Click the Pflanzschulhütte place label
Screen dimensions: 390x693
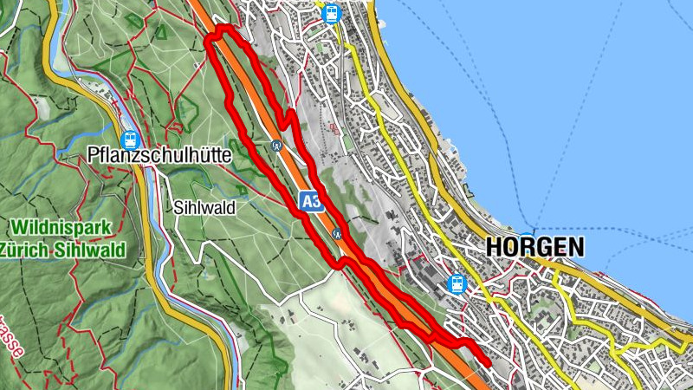(x=159, y=155)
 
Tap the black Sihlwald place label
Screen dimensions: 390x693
(x=204, y=208)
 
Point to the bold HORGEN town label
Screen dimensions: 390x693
(x=534, y=247)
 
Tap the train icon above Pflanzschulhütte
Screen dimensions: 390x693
(x=130, y=139)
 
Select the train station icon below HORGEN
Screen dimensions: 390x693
(x=456, y=283)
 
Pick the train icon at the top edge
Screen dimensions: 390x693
(x=330, y=12)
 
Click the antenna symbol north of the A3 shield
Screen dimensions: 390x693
(x=276, y=146)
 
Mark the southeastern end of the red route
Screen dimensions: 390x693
(x=489, y=364)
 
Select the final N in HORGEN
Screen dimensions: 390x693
(x=575, y=247)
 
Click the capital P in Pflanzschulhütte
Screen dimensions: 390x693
(x=93, y=155)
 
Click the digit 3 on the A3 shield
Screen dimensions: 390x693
(x=316, y=201)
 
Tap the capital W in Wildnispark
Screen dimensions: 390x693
(x=19, y=229)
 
